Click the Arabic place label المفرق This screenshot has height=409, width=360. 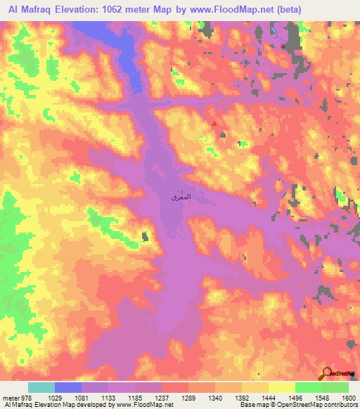coord(181,199)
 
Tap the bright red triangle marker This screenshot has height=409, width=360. coord(215,124)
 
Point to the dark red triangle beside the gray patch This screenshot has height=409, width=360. coord(283,46)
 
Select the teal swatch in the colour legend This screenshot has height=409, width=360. coord(41,387)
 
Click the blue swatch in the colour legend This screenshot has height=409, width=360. coord(67,387)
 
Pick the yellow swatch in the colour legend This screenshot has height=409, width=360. coord(281,387)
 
